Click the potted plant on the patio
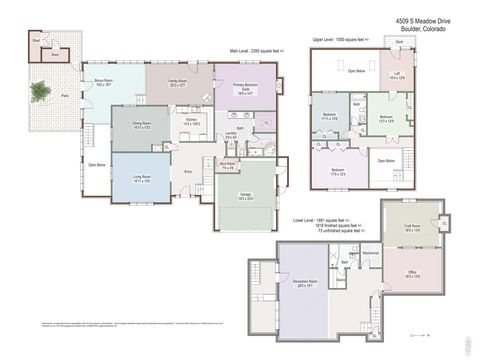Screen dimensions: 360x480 [x=39, y=92]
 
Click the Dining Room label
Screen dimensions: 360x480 [x=142, y=126]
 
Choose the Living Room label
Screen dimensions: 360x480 [x=141, y=179]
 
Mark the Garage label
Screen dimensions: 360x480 [x=244, y=196]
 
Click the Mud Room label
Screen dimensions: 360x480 [x=227, y=166]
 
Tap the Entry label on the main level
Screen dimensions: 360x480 [x=188, y=171]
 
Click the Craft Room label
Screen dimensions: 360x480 [x=411, y=227]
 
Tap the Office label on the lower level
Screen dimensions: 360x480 [x=411, y=273]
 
